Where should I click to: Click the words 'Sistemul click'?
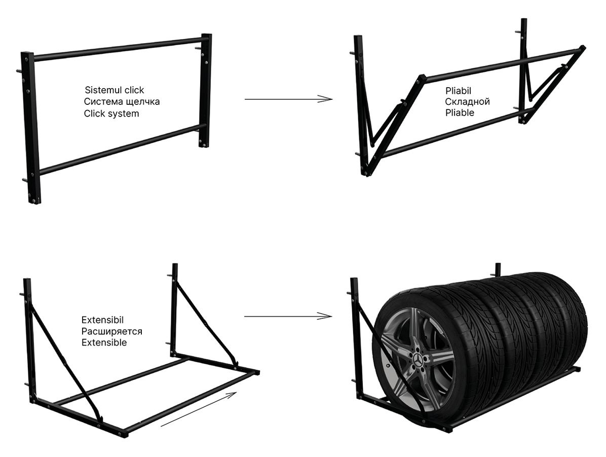pyautogui.click(x=114, y=90)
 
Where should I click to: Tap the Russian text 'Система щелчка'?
pyautogui.click(x=122, y=102)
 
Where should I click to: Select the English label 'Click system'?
pyautogui.click(x=111, y=113)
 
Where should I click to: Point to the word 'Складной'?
pyautogui.click(x=467, y=102)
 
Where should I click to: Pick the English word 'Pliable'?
pyautogui.click(x=460, y=112)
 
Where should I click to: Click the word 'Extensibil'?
pyautogui.click(x=102, y=320)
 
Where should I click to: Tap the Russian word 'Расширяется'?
pyautogui.click(x=111, y=331)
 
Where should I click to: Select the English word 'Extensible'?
pyautogui.click(x=104, y=342)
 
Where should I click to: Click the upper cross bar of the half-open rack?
pyautogui.click(x=502, y=63)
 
